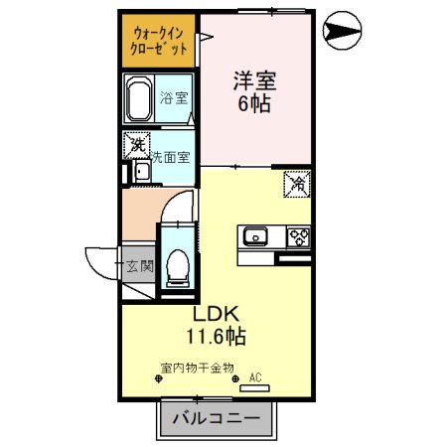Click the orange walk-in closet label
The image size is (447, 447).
(159, 41)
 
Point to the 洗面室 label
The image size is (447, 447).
(172, 158)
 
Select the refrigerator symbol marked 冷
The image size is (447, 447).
(296, 183)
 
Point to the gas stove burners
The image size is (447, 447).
(298, 236)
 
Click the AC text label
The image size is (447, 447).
(254, 377)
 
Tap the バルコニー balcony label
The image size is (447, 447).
(216, 419)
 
